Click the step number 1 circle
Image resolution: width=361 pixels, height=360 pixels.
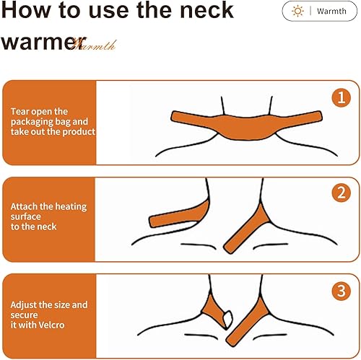(x=340, y=97)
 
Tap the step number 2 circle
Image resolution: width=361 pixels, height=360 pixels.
(x=340, y=193)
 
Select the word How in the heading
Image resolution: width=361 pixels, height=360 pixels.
(x=26, y=11)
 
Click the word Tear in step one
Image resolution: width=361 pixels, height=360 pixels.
(x=20, y=112)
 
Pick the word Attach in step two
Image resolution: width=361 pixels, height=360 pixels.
(x=24, y=206)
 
